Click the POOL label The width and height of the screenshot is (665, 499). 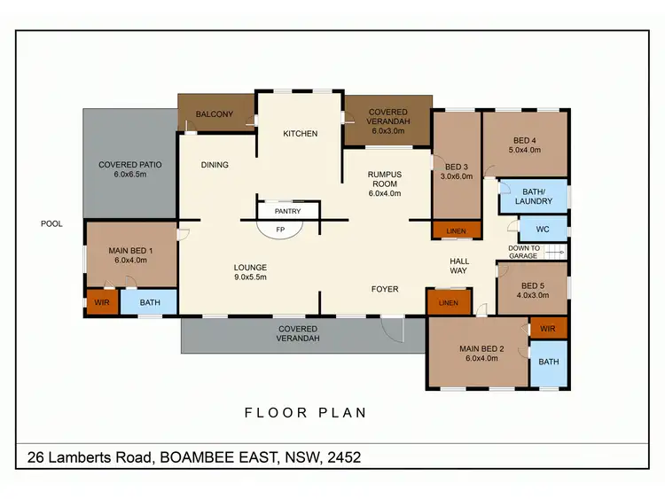coord(52,224)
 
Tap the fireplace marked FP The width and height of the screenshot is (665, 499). coord(281,229)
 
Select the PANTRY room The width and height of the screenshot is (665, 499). coord(287,211)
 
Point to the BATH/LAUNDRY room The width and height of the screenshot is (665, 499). coord(532,196)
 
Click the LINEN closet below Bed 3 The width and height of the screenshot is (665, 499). coord(456,231)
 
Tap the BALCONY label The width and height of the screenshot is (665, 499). coord(215,114)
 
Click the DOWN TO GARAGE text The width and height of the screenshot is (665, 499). coord(523,252)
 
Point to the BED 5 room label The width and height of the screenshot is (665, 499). coord(532,285)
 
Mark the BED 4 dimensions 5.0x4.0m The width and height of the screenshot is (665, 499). coord(524,150)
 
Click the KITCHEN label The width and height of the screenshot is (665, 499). coord(300,134)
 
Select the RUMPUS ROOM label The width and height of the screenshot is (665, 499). coord(385,179)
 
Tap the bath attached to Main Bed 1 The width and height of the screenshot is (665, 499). coord(150,303)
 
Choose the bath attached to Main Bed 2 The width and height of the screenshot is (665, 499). coord(549,362)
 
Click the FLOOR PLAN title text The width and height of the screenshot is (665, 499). coord(305,413)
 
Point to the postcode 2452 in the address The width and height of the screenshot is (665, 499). coord(343,457)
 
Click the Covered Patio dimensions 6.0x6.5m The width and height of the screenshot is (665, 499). coord(129,175)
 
